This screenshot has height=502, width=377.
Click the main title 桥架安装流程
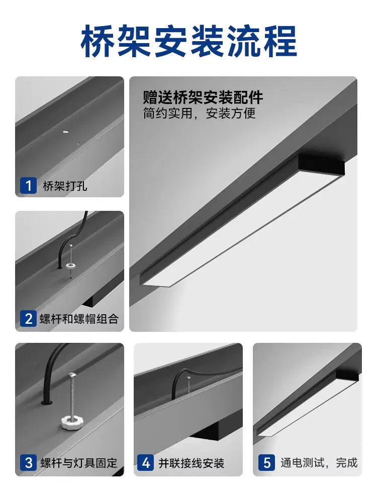(x=189, y=42)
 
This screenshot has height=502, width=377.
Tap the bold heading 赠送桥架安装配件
(x=203, y=98)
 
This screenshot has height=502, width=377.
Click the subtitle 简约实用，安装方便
(x=199, y=113)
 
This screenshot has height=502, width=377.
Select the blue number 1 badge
(x=28, y=185)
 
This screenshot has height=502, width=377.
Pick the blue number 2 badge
(x=28, y=319)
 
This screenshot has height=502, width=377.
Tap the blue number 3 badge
(x=28, y=463)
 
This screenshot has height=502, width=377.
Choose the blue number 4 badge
(x=146, y=463)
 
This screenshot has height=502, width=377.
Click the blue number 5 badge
(x=267, y=463)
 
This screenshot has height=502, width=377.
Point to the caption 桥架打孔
(x=65, y=186)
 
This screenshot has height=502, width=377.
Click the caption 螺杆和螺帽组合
(x=79, y=319)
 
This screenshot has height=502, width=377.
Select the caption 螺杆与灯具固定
(x=79, y=463)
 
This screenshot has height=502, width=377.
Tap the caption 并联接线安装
(x=192, y=463)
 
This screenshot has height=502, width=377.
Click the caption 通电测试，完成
(x=319, y=463)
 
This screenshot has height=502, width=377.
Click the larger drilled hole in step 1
(x=66, y=132)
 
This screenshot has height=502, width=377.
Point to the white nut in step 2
(x=70, y=265)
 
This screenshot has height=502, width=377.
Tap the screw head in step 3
(x=72, y=374)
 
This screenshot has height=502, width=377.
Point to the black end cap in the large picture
(x=322, y=165)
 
